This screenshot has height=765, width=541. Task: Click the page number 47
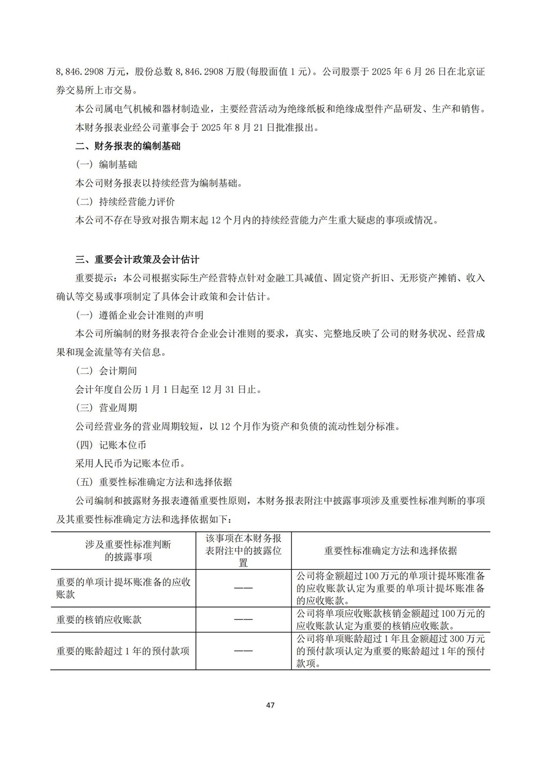[x=271, y=705]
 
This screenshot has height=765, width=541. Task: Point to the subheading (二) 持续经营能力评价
[x=125, y=202]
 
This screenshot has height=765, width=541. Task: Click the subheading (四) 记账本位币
[x=111, y=445]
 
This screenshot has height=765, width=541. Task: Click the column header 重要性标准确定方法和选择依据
[x=390, y=550]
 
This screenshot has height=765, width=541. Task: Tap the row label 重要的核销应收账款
[x=99, y=619]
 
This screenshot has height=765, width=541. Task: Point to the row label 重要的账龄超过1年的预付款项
[x=123, y=651]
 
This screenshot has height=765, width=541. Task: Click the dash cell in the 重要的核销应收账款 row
[x=243, y=619]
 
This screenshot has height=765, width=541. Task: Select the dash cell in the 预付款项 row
[x=243, y=651]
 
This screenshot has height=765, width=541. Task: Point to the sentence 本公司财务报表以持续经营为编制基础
[x=159, y=183]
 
